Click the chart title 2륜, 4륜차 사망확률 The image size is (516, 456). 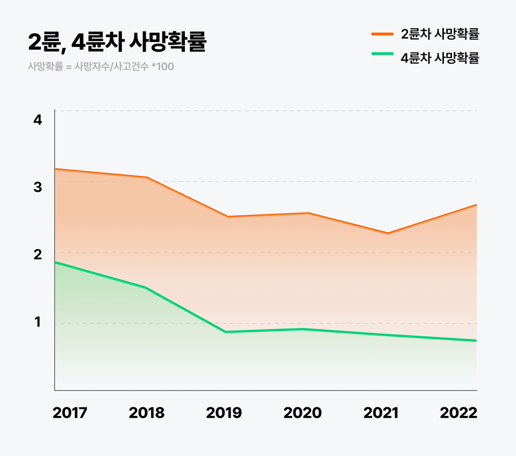pos(117,42)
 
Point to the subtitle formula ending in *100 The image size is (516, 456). pos(101,66)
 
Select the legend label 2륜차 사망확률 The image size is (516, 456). pos(440,34)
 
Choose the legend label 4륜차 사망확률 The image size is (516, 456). pos(440,58)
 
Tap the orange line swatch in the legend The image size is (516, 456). pos(382,34)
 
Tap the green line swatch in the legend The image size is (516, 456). pos(382,53)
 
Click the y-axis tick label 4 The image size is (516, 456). pos(38,119)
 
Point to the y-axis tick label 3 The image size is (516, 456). pos(38,187)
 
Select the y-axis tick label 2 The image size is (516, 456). pos(38,255)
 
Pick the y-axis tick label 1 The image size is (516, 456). pos(38,322)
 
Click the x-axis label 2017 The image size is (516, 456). pos(70,413)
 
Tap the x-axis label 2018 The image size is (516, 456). pos(147,413)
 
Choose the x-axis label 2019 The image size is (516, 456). pos(224,413)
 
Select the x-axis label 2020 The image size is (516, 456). pos(302,413)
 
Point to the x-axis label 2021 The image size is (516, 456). pos(381,413)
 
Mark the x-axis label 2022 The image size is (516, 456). pos(459,413)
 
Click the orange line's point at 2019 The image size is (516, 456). pos(227,217)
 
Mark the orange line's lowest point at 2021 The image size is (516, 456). pos(388,233)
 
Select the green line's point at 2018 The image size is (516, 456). pos(145,287)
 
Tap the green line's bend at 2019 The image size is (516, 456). pos(225,332)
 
